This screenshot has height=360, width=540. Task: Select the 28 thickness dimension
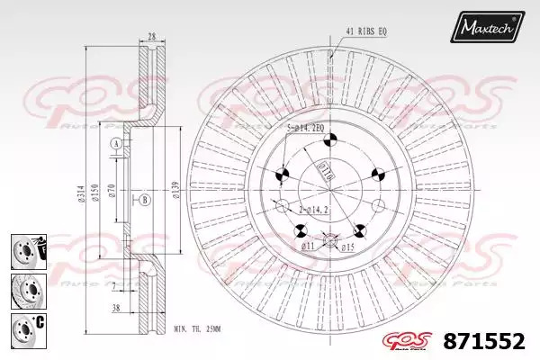[151, 36]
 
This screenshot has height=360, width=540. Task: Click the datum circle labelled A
[115, 145]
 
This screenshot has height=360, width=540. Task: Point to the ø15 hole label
[349, 245]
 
